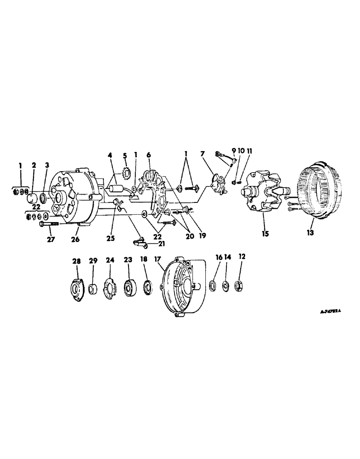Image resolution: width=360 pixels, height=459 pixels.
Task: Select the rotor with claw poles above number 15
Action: pos(264,193)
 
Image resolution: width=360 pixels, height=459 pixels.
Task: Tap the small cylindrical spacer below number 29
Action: pos(93,290)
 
